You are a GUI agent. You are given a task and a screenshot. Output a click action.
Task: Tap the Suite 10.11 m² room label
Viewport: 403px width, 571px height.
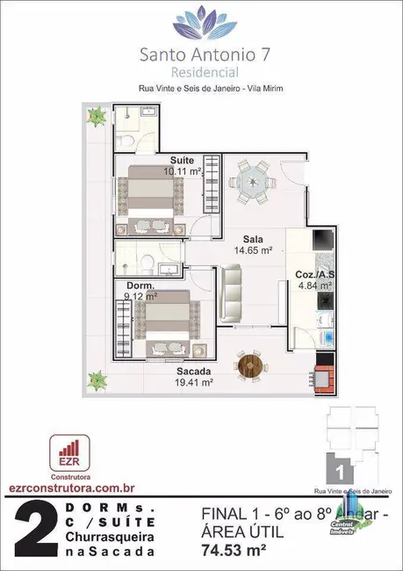point(182,166)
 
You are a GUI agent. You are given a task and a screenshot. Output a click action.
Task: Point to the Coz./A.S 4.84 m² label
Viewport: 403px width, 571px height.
point(313,279)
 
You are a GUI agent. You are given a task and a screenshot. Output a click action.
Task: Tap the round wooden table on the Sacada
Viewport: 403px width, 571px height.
point(249,362)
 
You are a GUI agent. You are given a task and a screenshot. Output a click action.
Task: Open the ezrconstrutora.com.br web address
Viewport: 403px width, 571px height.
point(62,488)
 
